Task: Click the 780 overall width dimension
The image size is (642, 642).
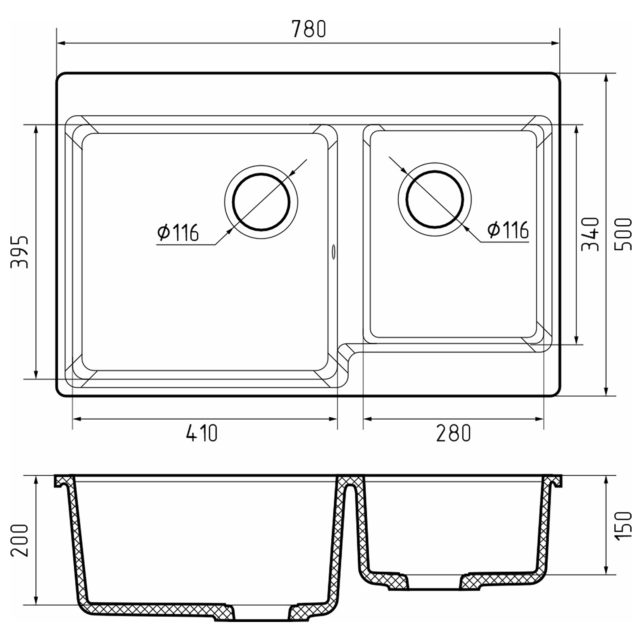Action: click(x=309, y=29)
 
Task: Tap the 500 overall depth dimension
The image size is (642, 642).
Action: click(x=623, y=234)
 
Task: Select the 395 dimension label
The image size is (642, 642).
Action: click(x=20, y=252)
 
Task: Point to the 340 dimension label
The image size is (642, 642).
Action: click(x=590, y=234)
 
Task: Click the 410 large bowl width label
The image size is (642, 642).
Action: click(x=202, y=433)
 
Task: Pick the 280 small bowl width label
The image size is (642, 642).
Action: click(x=453, y=433)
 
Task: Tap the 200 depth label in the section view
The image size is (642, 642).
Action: click(x=20, y=540)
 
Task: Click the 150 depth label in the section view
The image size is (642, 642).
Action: click(x=623, y=526)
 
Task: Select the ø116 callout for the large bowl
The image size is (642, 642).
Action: click(x=178, y=232)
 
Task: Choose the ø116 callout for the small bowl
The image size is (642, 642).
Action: click(x=508, y=230)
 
